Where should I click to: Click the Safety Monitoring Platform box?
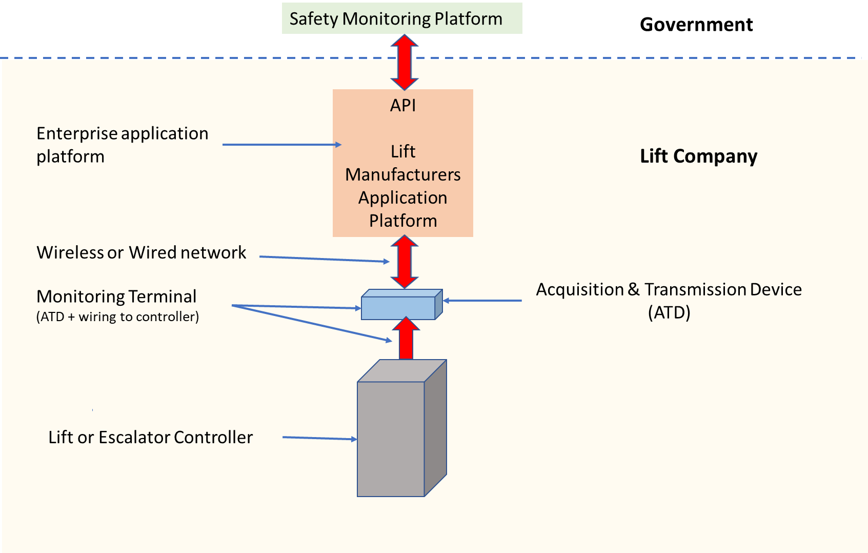(401, 18)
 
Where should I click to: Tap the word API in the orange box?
(403, 105)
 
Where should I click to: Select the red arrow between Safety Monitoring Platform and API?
(405, 62)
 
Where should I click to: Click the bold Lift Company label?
(698, 156)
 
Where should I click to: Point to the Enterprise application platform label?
(122, 145)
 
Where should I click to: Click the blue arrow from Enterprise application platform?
(281, 145)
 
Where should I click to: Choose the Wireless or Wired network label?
(142, 252)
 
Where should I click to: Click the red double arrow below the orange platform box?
(405, 262)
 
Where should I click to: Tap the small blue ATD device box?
(399, 307)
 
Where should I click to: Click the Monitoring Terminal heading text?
(116, 297)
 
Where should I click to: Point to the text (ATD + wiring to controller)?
(117, 317)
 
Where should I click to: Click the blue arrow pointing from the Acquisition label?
(482, 301)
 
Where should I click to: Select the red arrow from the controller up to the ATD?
(406, 339)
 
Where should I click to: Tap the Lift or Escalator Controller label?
(150, 437)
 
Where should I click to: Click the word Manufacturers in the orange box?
(403, 174)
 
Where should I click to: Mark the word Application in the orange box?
(403, 197)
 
